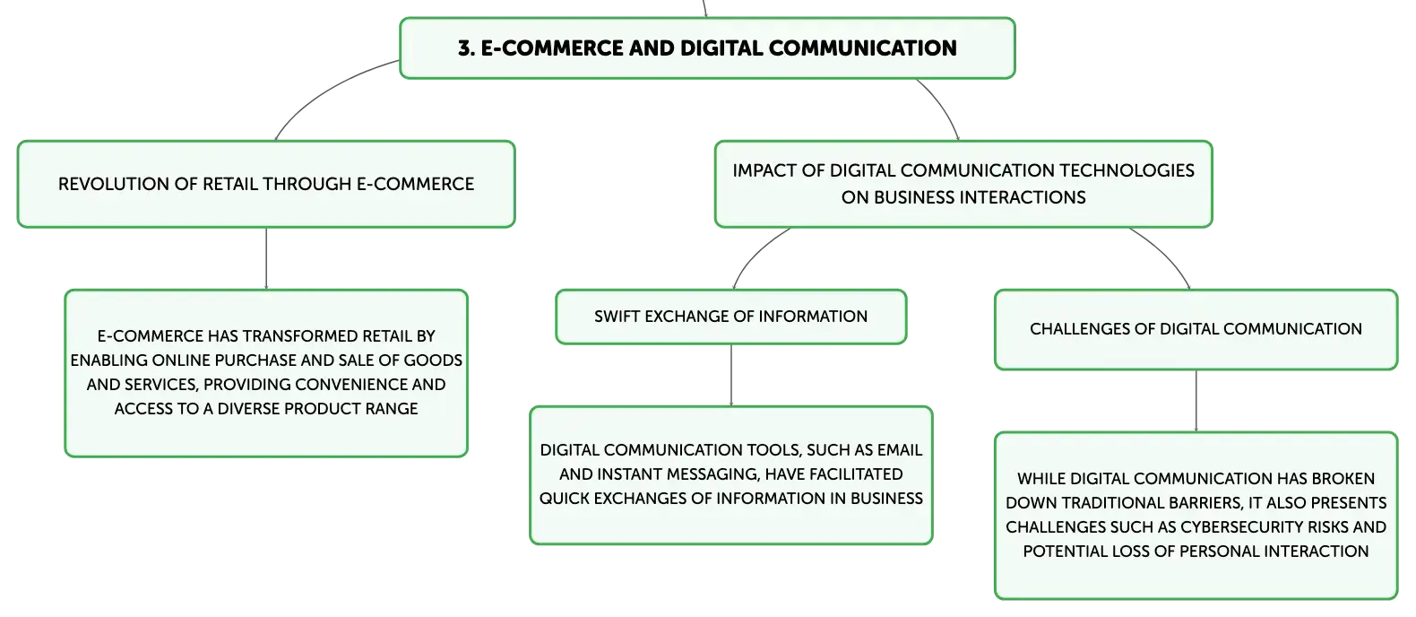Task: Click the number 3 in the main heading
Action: click(x=465, y=48)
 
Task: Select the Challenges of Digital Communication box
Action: click(x=1196, y=330)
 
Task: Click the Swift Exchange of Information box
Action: click(x=730, y=317)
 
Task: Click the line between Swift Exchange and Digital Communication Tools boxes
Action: click(x=731, y=375)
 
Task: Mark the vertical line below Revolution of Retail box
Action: click(x=266, y=258)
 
